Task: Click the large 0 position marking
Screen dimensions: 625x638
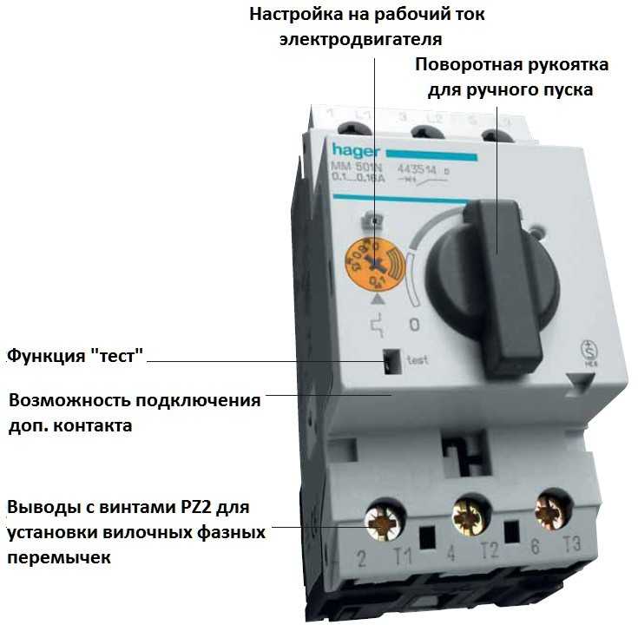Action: (x=414, y=326)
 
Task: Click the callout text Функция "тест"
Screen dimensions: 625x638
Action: (x=75, y=355)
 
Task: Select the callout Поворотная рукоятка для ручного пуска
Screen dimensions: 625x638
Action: (x=512, y=77)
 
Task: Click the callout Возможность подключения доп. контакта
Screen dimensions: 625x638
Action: (x=135, y=413)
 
